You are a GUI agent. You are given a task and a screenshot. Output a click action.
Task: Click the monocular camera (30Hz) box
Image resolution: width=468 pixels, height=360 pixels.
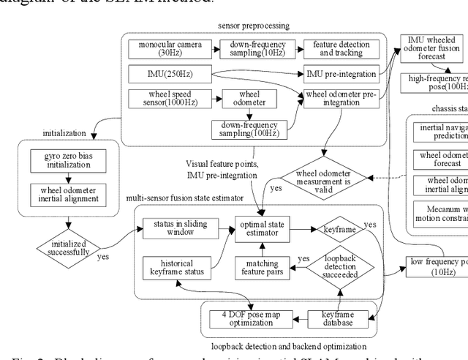169,49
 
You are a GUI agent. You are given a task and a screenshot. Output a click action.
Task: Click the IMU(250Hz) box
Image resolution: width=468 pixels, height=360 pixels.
169,73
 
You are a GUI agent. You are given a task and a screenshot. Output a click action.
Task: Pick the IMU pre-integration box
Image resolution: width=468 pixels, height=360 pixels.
340,73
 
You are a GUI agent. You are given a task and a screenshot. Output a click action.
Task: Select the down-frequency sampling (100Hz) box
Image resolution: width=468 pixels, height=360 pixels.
249,129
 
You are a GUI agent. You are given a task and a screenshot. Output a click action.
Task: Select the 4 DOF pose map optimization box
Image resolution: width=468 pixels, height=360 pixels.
249,318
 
